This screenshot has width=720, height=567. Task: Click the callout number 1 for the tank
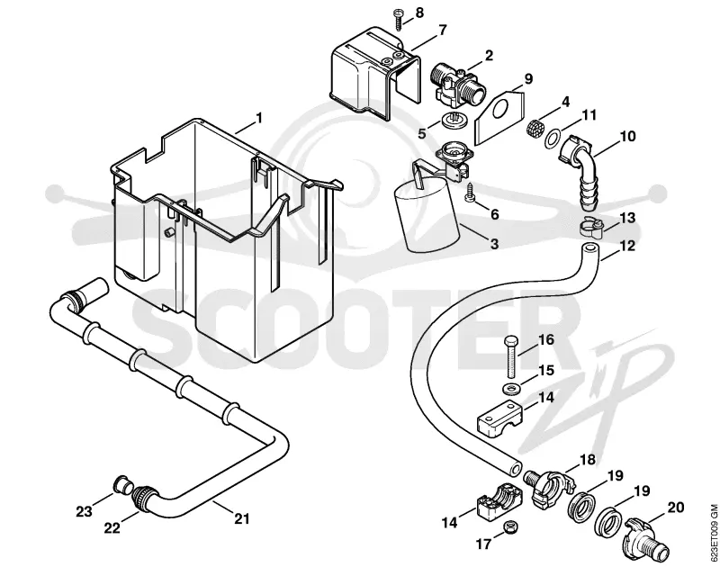coord(259,119)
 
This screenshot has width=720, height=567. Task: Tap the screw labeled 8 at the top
coord(398,19)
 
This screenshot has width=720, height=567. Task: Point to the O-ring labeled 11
coord(552,139)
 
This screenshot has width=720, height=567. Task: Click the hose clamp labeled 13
coord(591,228)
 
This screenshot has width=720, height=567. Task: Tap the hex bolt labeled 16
coord(510,355)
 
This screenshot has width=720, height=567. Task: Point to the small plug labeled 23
coord(122,484)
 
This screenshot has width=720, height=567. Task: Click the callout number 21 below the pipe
coord(242,518)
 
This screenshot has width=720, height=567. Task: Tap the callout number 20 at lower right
coord(676,508)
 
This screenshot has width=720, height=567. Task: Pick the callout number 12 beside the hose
coord(627,246)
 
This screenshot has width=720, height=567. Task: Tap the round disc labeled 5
coord(454,121)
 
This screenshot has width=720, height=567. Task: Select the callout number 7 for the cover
coord(442,31)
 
